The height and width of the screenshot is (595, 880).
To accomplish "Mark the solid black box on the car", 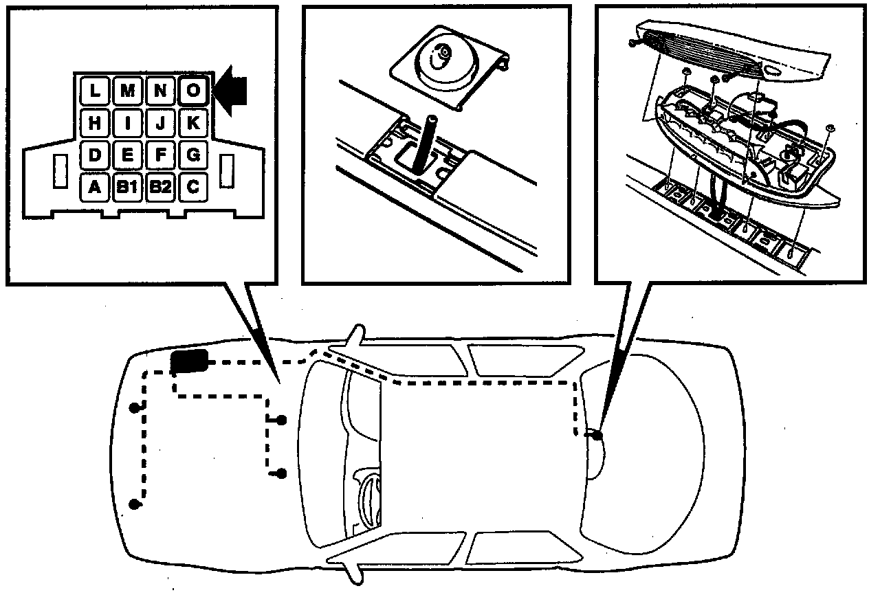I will point(190,361).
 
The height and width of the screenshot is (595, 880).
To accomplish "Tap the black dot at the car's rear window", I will point(597,435).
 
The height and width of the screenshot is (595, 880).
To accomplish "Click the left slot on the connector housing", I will point(60,171).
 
